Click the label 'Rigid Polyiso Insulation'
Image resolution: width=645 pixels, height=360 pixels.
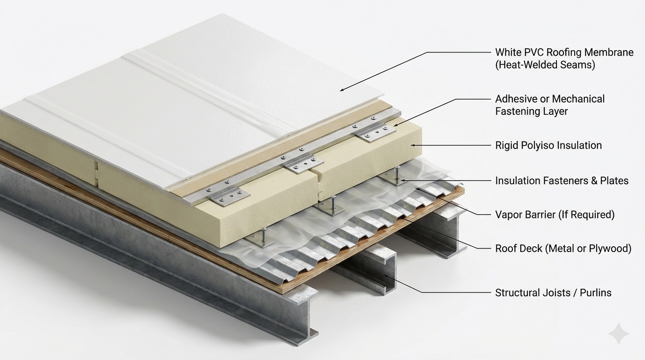click(x=548, y=145)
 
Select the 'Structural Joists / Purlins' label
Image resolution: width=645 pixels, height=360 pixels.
click(x=553, y=292)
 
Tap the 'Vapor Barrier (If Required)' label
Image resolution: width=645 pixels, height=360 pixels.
click(x=555, y=215)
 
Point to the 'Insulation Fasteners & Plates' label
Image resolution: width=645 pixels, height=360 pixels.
click(x=562, y=180)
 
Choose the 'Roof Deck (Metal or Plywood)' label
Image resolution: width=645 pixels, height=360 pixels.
click(x=563, y=248)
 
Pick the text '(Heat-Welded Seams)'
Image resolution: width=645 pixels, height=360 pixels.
click(x=545, y=65)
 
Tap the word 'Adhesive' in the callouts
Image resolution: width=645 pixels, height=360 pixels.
click(x=516, y=99)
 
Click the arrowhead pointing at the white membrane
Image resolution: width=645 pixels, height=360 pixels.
click(x=342, y=90)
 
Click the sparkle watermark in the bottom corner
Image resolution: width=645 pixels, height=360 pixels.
click(x=618, y=334)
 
